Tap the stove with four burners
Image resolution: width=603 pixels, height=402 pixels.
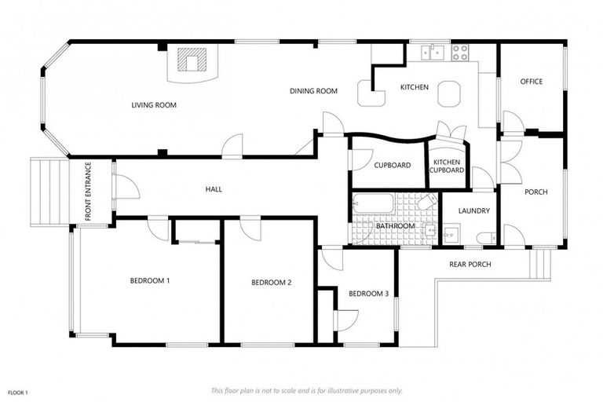[460, 53]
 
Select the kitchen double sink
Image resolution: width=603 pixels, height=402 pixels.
[433, 53]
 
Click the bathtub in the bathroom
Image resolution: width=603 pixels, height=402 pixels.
[374, 203]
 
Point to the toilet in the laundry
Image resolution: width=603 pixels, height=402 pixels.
[487, 238]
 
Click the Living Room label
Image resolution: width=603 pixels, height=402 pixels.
[154, 105]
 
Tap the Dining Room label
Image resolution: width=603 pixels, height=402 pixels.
[313, 91]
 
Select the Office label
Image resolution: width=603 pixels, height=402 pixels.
[531, 82]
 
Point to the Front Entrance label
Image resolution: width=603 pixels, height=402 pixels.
[88, 192]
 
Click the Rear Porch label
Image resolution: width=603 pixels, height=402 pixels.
[470, 265]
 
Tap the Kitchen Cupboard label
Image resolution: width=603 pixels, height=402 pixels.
[447, 166]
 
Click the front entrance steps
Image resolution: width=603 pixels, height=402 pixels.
[49, 192]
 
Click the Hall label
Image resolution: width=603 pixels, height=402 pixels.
[214, 189]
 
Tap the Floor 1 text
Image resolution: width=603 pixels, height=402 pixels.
[18, 393]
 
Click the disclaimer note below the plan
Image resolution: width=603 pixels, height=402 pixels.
[306, 391]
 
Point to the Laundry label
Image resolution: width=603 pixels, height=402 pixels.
[473, 210]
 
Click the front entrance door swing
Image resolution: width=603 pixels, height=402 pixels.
[128, 187]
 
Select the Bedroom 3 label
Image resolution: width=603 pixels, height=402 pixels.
[368, 294]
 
